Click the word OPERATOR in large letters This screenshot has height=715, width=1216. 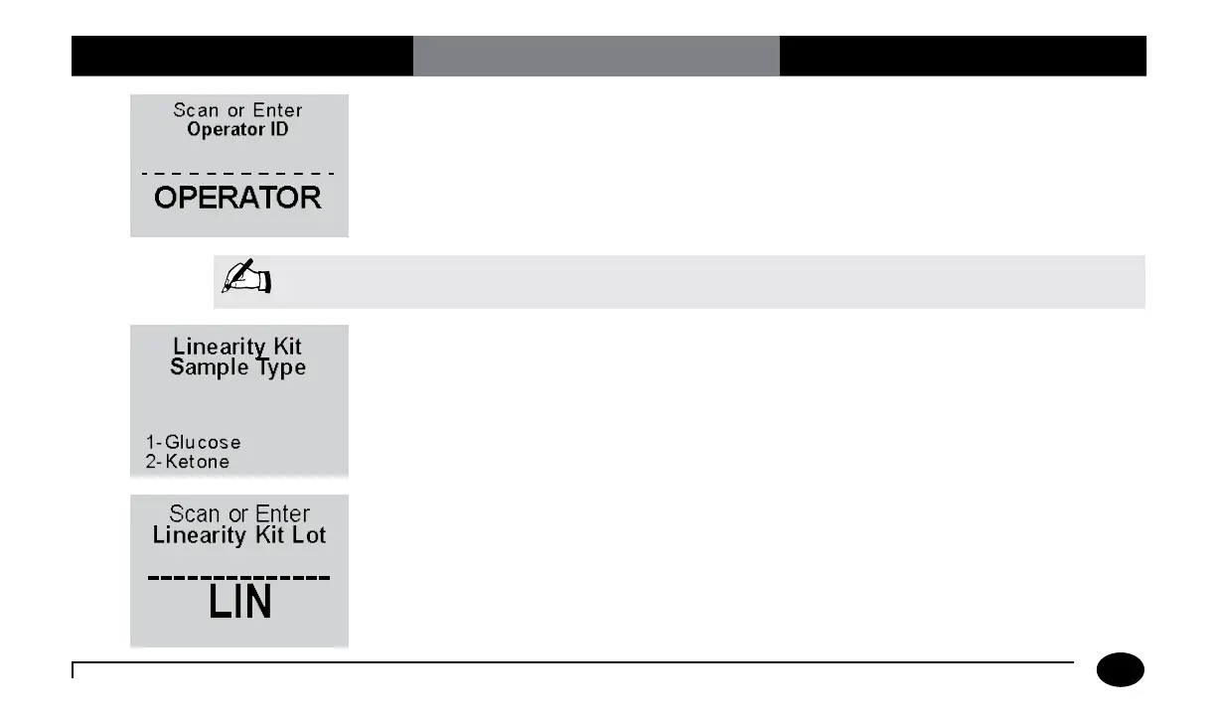238,198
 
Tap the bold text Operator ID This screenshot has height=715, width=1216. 238,130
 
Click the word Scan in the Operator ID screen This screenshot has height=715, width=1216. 196,110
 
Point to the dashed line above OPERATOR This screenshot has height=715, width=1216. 238,174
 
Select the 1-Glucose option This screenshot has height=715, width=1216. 193,442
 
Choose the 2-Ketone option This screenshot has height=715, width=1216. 188,462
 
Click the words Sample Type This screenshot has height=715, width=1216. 238,367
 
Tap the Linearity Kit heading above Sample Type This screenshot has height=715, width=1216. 238,347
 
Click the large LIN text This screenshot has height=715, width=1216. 239,603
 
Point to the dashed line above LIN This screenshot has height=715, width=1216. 239,578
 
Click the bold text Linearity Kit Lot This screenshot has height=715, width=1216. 239,536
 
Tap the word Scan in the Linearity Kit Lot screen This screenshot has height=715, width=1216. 195,514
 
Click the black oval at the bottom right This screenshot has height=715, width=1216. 1121,670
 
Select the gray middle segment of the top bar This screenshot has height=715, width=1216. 596,56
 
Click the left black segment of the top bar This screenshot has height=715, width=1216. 241,56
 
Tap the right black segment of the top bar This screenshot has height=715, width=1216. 963,56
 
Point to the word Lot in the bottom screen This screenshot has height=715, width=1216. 308,536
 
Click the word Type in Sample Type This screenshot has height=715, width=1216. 278,367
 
